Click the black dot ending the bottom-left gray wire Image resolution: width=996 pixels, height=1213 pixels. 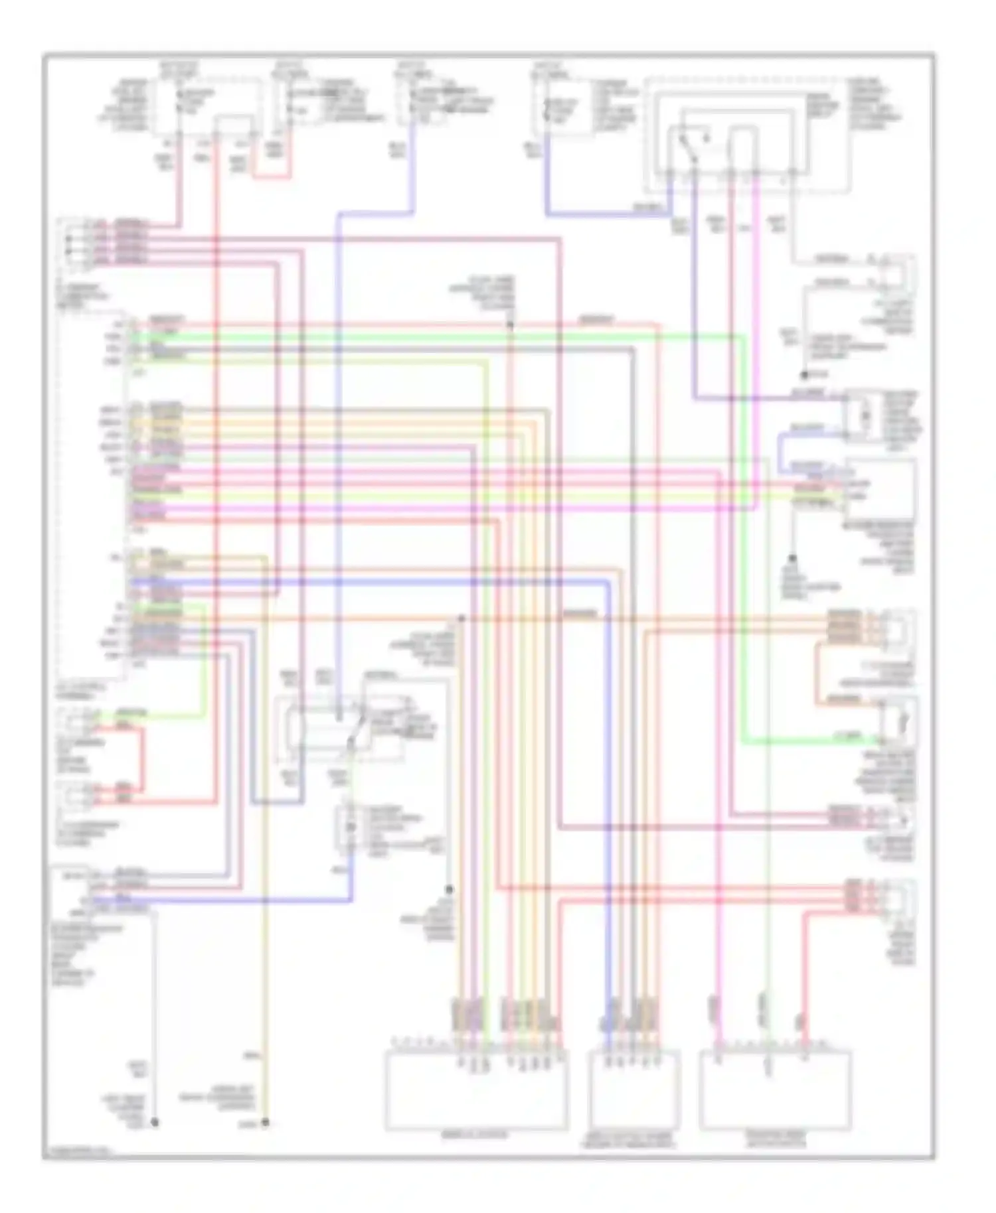[x=155, y=1122]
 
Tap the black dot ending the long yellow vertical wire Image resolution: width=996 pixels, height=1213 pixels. [x=265, y=1122]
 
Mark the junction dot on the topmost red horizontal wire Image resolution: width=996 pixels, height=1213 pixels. [x=510, y=324]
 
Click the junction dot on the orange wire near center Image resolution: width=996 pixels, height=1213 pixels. [x=461, y=618]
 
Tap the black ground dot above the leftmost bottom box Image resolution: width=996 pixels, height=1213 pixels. [x=449, y=889]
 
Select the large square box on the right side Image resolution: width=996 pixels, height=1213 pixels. [x=880, y=488]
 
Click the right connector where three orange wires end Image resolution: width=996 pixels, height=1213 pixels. [x=898, y=627]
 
